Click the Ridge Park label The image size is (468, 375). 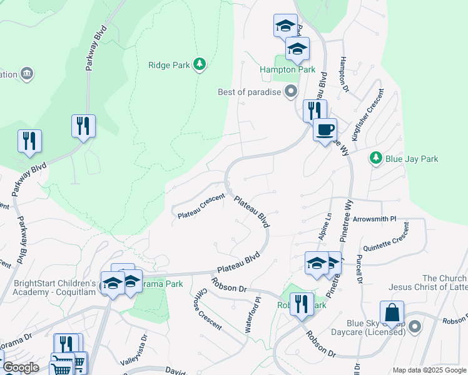168,64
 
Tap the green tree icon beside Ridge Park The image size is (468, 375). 200,64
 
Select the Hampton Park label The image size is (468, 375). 288,70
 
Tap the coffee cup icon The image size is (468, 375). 324,130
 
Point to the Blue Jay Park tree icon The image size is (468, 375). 375,159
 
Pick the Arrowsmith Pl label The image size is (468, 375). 375,219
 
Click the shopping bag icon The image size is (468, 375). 391,312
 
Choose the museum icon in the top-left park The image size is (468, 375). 27,74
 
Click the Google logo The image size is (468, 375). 21,367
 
